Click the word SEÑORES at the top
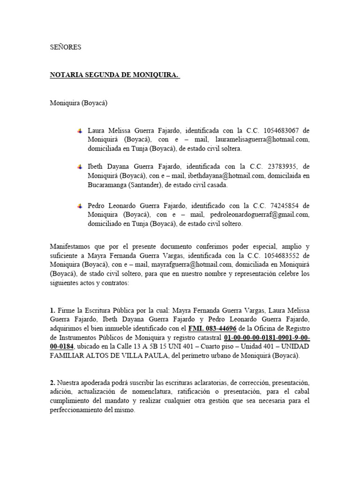pyautogui.click(x=66, y=47)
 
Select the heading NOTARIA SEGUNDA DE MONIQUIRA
pyautogui.click(x=115, y=75)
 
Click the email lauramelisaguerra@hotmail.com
pyautogui.click(x=262, y=140)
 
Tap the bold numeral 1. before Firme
pyautogui.click(x=53, y=310)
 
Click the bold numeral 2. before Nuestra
pyautogui.click(x=53, y=382)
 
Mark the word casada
pyautogui.click(x=217, y=185)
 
